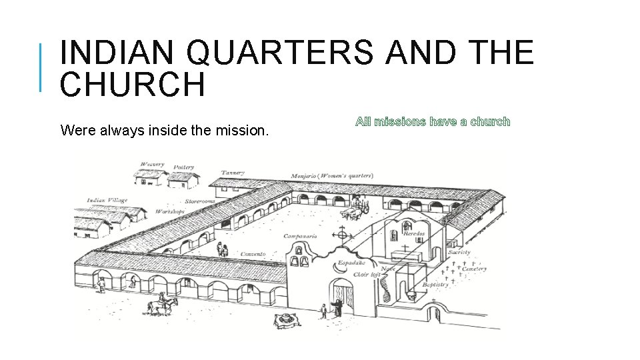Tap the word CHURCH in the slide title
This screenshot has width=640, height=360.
click(x=132, y=85)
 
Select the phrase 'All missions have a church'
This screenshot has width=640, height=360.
click(x=433, y=121)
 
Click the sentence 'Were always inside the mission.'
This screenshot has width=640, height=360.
click(x=165, y=130)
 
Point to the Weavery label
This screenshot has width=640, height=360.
click(x=152, y=164)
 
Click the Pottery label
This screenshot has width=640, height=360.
click(x=183, y=167)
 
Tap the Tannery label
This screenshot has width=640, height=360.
click(x=233, y=173)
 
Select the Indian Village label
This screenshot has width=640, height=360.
click(x=107, y=200)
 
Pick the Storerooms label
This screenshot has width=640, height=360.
click(x=200, y=201)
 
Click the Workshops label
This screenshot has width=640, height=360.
click(x=169, y=211)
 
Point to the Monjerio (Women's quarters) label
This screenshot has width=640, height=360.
click(x=327, y=176)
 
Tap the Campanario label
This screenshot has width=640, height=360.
click(x=300, y=236)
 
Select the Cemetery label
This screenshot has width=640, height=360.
click(x=474, y=269)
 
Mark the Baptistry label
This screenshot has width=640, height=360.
click(x=437, y=285)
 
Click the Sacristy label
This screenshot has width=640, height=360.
click(x=459, y=253)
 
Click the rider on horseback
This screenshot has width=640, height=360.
click(x=161, y=304)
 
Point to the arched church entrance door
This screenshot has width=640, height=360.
click(x=343, y=297)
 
